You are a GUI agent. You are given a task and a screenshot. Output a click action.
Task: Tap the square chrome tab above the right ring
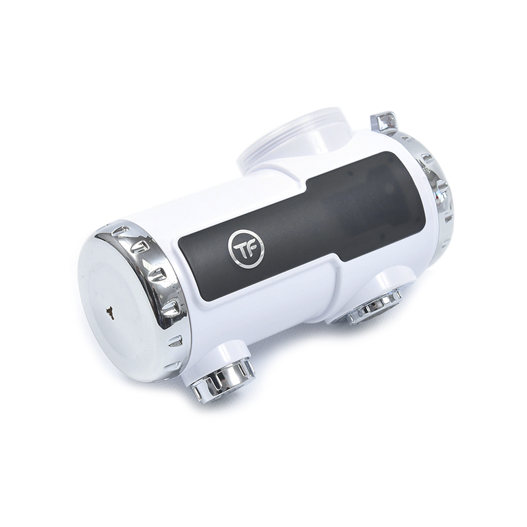(x=384, y=121)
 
